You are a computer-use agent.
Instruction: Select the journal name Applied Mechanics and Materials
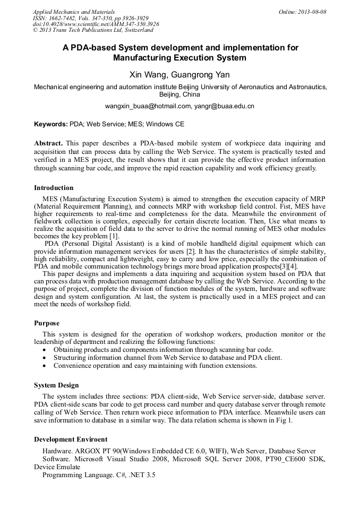click(x=74, y=12)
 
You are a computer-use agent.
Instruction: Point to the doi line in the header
click(x=96, y=24)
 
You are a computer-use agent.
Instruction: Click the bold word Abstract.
click(x=48, y=143)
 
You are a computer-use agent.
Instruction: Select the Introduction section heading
click(x=54, y=188)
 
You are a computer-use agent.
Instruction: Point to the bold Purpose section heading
click(x=47, y=323)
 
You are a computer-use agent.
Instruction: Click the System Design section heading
click(x=56, y=385)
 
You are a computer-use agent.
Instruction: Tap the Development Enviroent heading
click(x=71, y=439)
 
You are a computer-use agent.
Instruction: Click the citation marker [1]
click(x=114, y=236)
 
